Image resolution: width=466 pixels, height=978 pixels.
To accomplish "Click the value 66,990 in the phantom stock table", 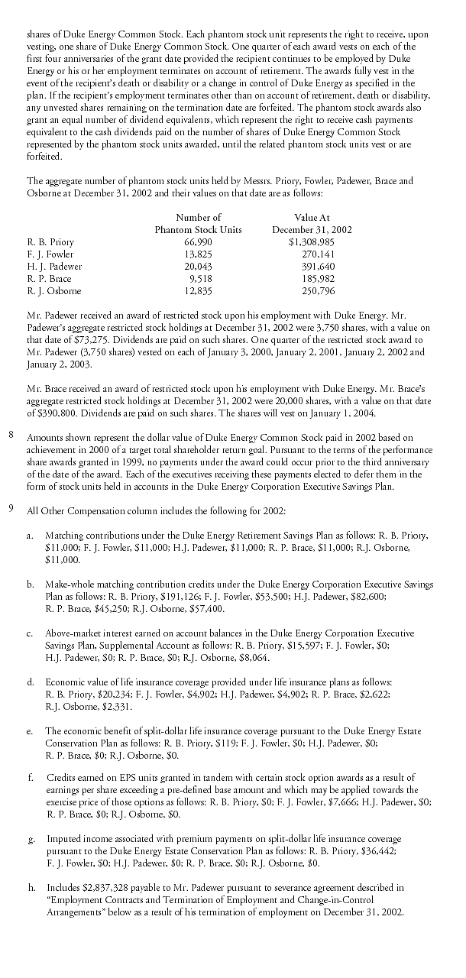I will [198, 242].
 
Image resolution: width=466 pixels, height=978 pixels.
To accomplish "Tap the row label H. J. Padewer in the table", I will [54, 267].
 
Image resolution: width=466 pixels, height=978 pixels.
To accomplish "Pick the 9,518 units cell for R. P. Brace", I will [200, 279].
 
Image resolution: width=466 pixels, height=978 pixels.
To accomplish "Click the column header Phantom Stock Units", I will [198, 230].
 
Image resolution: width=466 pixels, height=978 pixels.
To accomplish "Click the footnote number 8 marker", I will [11, 436].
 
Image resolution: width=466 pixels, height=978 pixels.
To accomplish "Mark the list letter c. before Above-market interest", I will [29, 633].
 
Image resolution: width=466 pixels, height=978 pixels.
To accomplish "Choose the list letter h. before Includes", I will [30, 889].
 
